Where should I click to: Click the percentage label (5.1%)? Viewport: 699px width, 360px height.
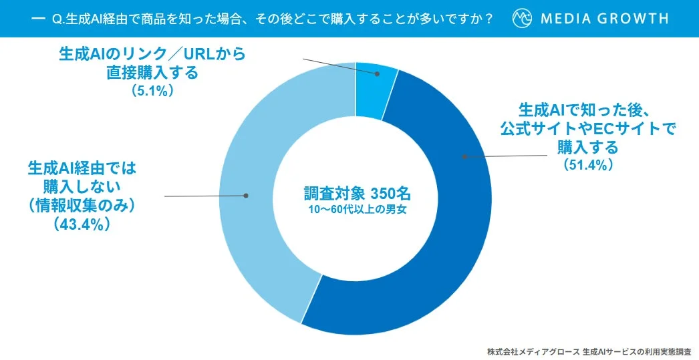point(153,90)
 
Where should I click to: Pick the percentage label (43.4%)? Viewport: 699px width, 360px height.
point(82,225)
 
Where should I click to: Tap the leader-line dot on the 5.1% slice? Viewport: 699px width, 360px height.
point(377,74)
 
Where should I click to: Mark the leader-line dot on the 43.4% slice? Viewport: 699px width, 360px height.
point(246,196)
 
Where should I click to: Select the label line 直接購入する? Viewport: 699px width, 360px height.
point(152,73)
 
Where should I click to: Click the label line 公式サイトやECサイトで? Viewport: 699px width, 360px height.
point(588,128)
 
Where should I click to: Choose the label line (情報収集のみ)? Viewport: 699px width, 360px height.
point(82,206)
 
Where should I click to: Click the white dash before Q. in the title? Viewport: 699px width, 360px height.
point(38,18)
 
